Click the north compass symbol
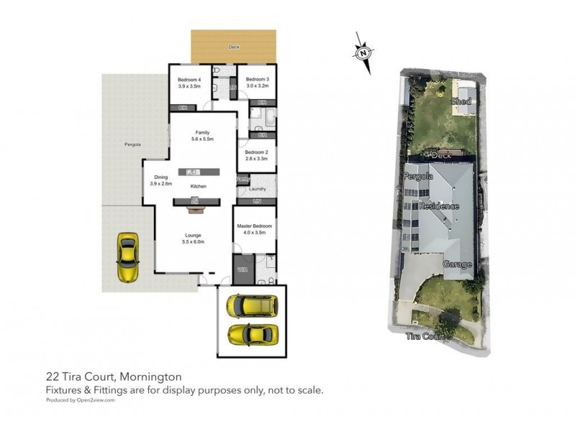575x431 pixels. (364, 52)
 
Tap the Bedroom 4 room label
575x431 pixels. (189, 79)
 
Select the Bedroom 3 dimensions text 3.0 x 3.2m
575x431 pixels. (257, 85)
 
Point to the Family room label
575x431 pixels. (202, 132)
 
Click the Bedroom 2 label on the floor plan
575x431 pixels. (256, 152)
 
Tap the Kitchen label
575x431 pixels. (198, 187)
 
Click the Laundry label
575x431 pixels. (257, 189)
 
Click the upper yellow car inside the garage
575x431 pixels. (251, 307)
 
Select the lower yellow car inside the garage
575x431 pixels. (251, 335)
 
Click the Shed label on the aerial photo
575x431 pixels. (461, 102)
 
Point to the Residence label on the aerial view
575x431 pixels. (438, 206)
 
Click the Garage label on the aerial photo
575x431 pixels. (457, 264)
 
